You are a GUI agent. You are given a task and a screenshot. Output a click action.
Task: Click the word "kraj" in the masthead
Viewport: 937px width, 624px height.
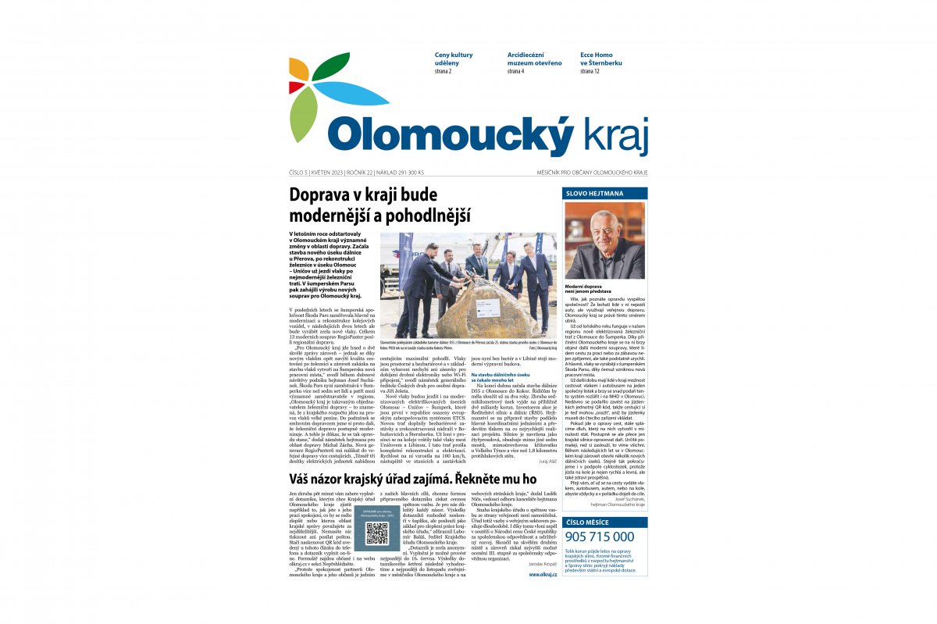[x=614, y=137]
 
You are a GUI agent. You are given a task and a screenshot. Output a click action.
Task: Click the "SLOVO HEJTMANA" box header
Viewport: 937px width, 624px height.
[x=604, y=193]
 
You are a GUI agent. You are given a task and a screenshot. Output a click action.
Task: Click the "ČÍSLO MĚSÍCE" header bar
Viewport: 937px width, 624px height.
[x=604, y=522]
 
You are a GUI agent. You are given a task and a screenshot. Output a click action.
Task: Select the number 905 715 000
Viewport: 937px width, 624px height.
[x=599, y=537]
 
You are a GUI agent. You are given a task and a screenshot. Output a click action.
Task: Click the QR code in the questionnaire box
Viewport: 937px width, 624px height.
[x=377, y=533]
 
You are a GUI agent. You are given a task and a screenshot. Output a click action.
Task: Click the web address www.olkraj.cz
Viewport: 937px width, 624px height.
[x=543, y=574]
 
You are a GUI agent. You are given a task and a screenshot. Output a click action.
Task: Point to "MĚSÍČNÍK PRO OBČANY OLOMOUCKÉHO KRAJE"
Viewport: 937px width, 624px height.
[x=592, y=173]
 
